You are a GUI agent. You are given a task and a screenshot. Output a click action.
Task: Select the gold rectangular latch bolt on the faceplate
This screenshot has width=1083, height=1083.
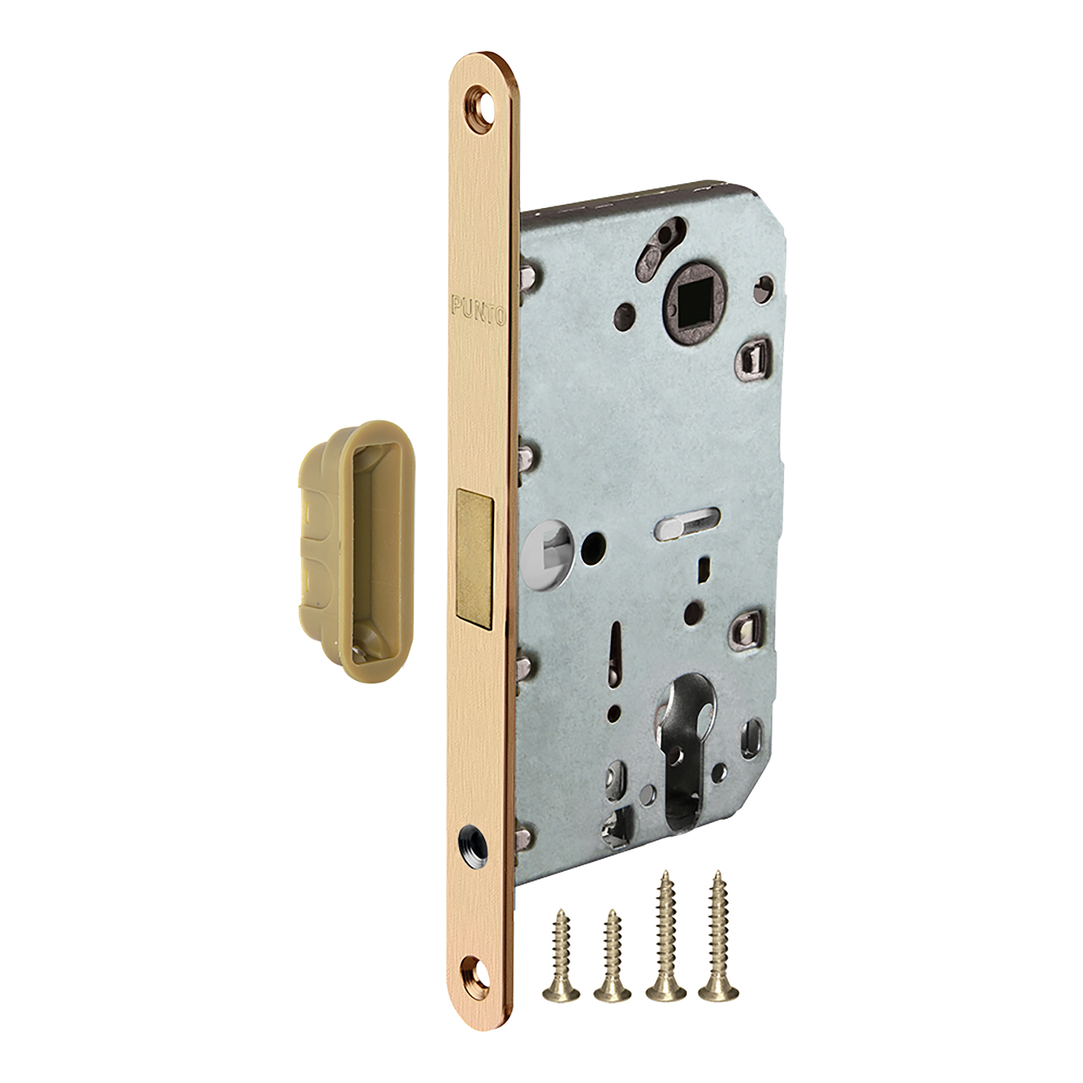click(475, 557)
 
